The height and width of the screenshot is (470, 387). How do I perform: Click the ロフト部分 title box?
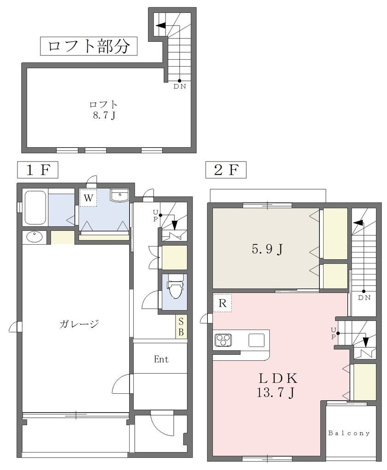[89, 46]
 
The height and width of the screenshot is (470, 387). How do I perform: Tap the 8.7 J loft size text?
[104, 115]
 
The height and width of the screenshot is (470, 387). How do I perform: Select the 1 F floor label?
[38, 170]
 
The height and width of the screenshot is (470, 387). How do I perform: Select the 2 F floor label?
[226, 170]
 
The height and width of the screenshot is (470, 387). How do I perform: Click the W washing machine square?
[88, 198]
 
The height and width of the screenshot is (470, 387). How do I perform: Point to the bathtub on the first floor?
[35, 208]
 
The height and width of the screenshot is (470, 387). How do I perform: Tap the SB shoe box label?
[181, 326]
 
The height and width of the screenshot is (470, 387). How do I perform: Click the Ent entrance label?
[161, 359]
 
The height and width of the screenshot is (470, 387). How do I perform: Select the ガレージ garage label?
[79, 324]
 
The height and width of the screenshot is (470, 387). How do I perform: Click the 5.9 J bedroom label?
[267, 249]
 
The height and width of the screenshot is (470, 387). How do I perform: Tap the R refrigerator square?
[222, 303]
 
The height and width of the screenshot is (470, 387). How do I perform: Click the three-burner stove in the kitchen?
[223, 341]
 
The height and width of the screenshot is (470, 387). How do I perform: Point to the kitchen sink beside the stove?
[256, 340]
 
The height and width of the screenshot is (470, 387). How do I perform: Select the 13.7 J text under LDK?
[275, 392]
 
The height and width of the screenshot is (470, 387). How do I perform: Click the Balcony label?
[349, 433]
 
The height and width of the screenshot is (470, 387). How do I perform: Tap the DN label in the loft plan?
[180, 87]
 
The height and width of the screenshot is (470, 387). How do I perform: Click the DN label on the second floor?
[364, 297]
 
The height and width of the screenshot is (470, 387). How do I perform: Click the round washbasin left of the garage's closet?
[34, 237]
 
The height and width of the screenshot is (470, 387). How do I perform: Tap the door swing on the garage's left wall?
[15, 327]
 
